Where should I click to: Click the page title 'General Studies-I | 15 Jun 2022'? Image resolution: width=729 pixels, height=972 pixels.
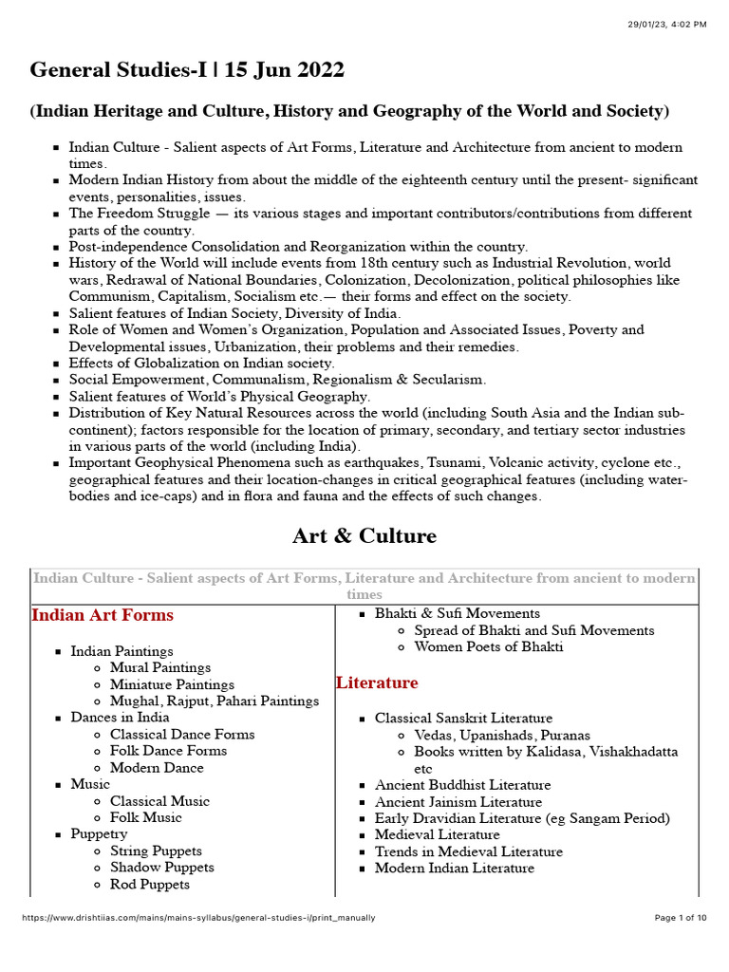(x=187, y=70)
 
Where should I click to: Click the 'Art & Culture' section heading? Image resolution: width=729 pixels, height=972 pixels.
(x=364, y=536)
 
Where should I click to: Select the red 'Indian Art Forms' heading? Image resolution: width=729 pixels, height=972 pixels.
(x=103, y=615)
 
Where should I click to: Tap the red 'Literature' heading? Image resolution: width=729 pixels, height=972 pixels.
(x=377, y=682)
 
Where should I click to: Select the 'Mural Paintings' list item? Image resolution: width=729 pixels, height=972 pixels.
(x=160, y=668)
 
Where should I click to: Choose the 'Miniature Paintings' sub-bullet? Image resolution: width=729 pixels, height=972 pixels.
(x=172, y=684)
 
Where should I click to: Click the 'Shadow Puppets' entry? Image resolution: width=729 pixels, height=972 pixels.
(x=162, y=868)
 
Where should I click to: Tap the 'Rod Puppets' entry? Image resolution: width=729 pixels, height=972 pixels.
(x=150, y=885)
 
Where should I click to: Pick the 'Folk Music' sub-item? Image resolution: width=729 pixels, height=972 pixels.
(x=146, y=817)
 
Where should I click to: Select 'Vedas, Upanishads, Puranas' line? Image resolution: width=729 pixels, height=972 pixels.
(x=502, y=736)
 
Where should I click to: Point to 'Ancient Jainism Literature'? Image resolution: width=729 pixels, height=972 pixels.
(x=458, y=802)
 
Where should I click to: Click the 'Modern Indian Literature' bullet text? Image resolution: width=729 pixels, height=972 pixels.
(x=455, y=869)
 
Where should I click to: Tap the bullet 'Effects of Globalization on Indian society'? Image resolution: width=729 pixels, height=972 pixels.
(x=201, y=364)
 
